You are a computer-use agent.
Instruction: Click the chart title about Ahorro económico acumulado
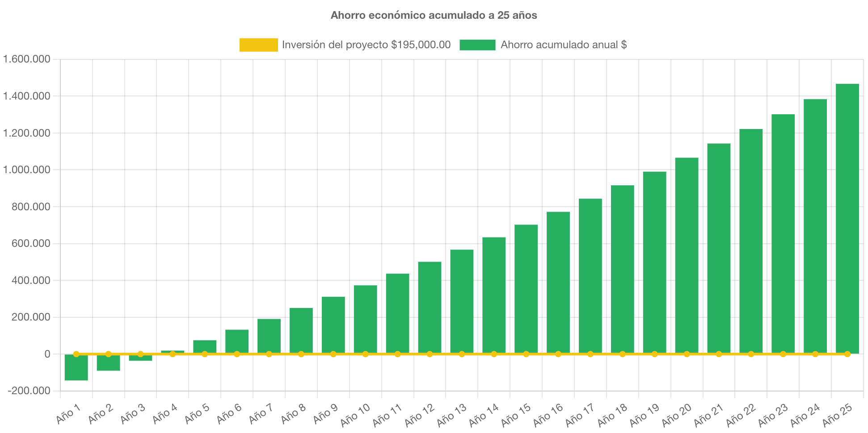coord(434,15)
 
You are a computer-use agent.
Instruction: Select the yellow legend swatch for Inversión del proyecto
coord(258,45)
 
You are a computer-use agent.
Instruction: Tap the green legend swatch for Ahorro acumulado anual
coord(477,45)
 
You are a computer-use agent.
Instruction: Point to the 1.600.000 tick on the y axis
coord(27,59)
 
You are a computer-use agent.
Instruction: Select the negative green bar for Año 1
coord(76,368)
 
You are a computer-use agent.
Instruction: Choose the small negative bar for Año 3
coord(140,358)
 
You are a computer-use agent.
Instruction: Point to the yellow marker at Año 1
coord(76,354)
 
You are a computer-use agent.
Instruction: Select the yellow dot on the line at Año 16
coord(558,354)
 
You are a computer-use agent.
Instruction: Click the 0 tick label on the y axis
coord(47,354)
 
